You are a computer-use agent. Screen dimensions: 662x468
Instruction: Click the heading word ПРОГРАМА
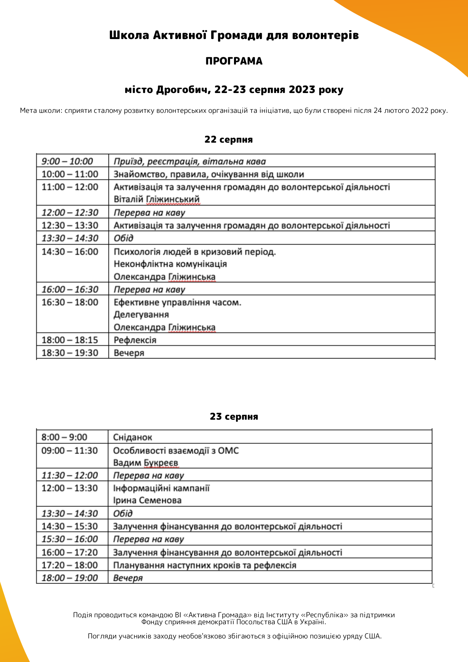pyautogui.click(x=234, y=61)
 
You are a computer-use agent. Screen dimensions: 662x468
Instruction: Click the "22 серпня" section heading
pyautogui.click(x=228, y=139)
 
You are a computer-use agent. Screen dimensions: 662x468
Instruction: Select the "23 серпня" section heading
pyautogui.click(x=234, y=416)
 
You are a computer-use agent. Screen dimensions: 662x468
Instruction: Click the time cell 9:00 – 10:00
pyautogui.click(x=67, y=161)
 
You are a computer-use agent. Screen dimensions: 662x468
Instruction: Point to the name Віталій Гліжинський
pyautogui.click(x=157, y=199)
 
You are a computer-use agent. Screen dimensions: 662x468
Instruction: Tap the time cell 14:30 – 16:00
pyautogui.click(x=70, y=252)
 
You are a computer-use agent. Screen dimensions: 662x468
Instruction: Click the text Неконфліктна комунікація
pyautogui.click(x=170, y=264)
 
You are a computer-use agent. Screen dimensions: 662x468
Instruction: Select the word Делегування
pyautogui.click(x=141, y=314)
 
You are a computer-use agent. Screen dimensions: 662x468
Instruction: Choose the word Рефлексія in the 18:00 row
pyautogui.click(x=135, y=340)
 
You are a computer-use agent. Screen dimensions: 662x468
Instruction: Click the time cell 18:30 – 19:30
pyautogui.click(x=70, y=353)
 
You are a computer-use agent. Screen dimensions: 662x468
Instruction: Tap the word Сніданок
pyautogui.click(x=132, y=437)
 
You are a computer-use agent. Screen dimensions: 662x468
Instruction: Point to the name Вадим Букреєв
pyautogui.click(x=146, y=462)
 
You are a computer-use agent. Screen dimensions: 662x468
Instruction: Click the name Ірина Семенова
pyautogui.click(x=147, y=500)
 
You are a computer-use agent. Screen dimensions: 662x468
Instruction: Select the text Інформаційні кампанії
pyautogui.click(x=161, y=488)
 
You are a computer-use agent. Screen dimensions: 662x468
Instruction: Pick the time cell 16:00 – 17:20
pyautogui.click(x=70, y=552)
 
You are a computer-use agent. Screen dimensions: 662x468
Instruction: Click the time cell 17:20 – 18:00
pyautogui.click(x=70, y=565)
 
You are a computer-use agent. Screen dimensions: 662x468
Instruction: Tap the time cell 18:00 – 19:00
pyautogui.click(x=70, y=578)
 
